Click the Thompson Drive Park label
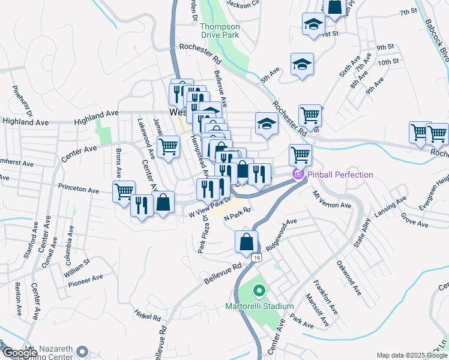pyautogui.click(x=220, y=31)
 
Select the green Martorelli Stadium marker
pyautogui.click(x=259, y=292)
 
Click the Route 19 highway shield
pyautogui.click(x=256, y=257)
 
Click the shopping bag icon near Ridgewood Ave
pyautogui.click(x=246, y=242)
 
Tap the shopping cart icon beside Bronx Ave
pyautogui.click(x=124, y=192)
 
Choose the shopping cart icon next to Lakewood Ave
pyautogui.click(x=169, y=146)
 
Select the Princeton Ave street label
pyautogui.click(x=78, y=189)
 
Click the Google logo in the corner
pyautogui.click(x=20, y=353)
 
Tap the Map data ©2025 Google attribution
pyautogui.click(x=411, y=355)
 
